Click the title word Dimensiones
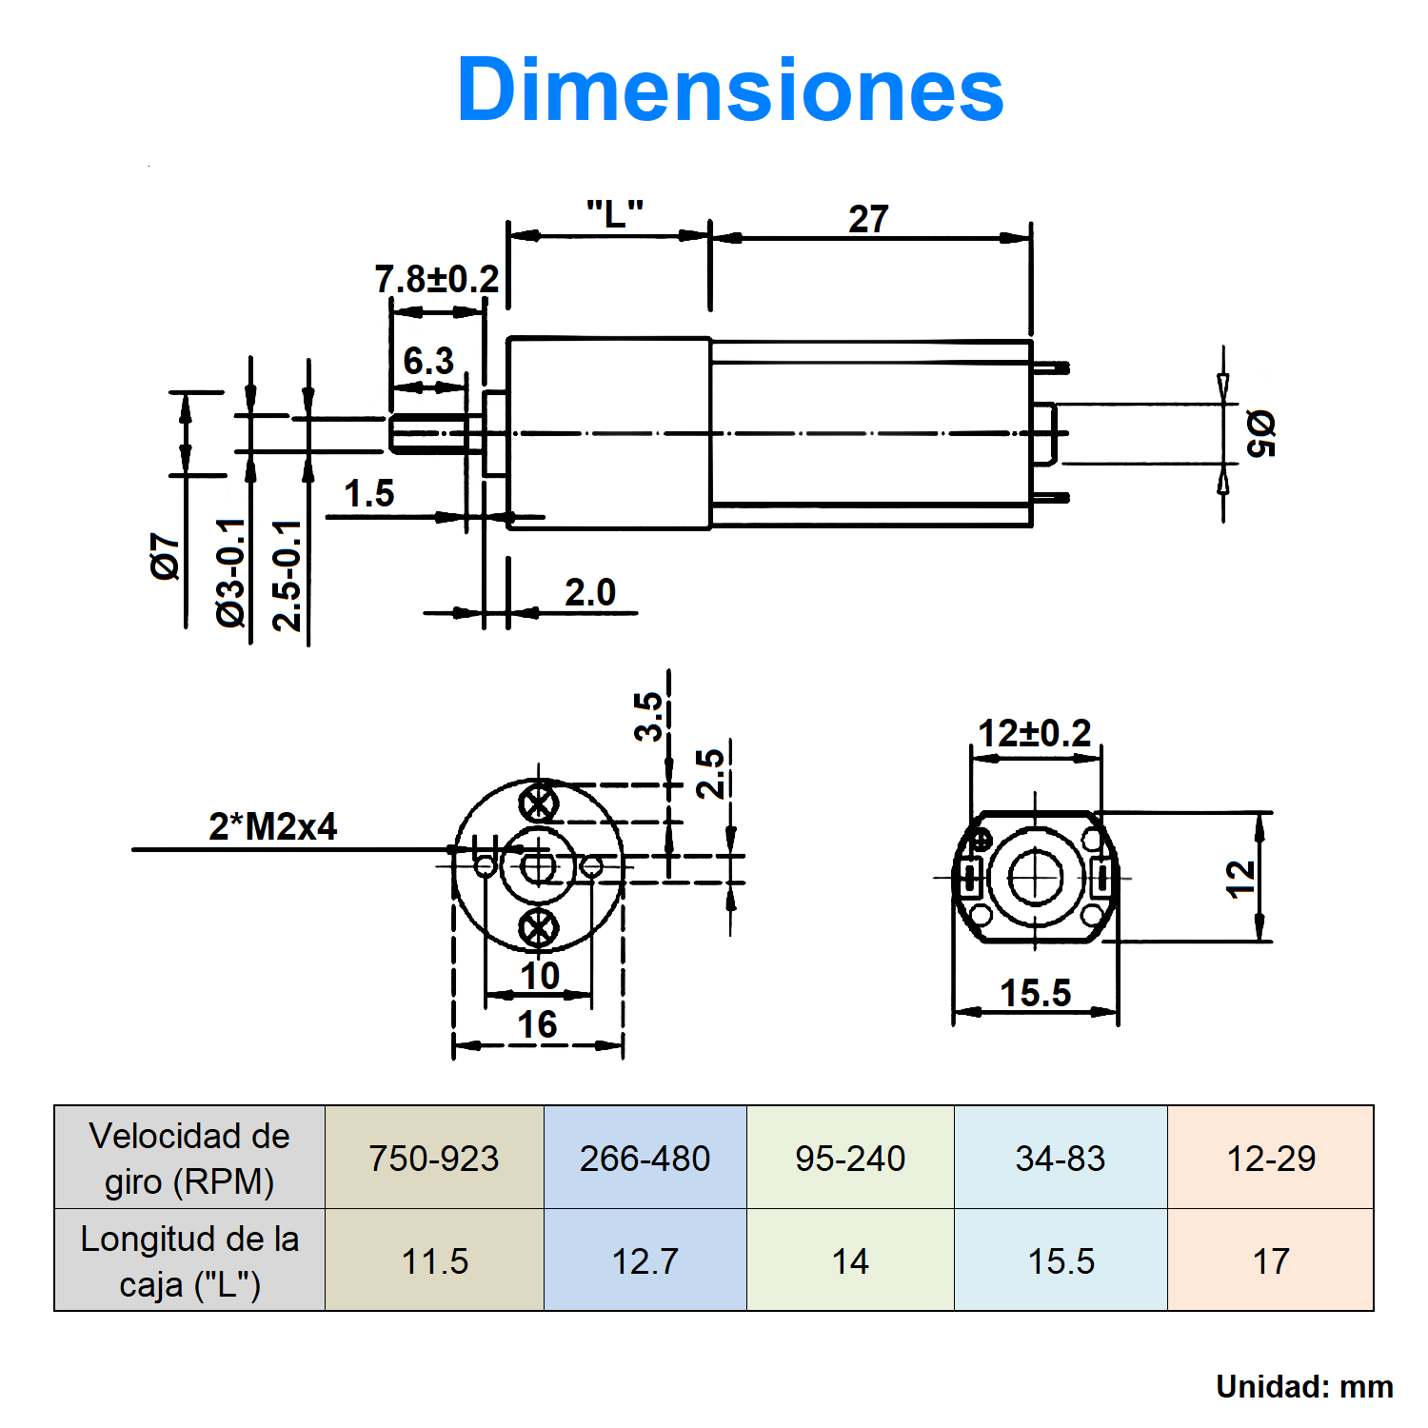tap(730, 89)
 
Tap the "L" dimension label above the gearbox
tap(615, 213)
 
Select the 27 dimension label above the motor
tap(868, 219)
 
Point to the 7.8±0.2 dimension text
tap(437, 279)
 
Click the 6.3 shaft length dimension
tap(428, 361)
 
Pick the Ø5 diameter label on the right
tap(1259, 433)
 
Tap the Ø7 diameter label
tap(165, 556)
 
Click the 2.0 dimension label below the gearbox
tap(590, 592)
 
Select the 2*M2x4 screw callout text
tap(272, 826)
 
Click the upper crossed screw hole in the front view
tap(539, 803)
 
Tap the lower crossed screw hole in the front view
tap(539, 926)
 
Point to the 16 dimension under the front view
tap(537, 1024)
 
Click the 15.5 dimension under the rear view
tap(1036, 993)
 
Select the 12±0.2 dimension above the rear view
tap(1035, 733)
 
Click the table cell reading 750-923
tap(434, 1158)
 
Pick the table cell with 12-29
tap(1271, 1158)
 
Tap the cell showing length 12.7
tap(645, 1260)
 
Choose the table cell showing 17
tap(1271, 1260)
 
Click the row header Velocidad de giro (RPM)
tap(189, 1158)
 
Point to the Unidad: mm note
tap(1304, 1386)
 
